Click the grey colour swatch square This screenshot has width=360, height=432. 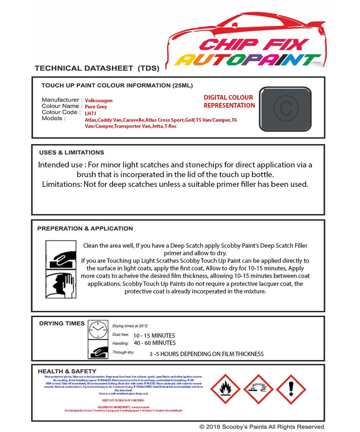[285, 108]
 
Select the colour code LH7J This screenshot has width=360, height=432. [90, 113]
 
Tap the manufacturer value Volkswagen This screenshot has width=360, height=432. [99, 100]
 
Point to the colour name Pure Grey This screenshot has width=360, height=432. [96, 107]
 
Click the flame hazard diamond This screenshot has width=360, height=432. [225, 389]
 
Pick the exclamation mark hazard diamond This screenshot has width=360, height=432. [291, 389]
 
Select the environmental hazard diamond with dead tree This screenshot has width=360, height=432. [258, 389]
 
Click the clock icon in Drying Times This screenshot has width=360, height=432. [97, 329]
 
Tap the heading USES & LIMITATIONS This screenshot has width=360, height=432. [71, 152]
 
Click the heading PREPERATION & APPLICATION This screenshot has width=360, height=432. [85, 228]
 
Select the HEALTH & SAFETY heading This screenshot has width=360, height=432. [65, 371]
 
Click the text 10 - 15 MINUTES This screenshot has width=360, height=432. [154, 335]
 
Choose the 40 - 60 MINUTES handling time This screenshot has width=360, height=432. [154, 343]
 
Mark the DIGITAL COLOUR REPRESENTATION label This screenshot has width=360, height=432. [229, 101]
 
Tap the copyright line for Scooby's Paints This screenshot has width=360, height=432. [262, 427]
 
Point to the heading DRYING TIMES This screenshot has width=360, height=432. [62, 323]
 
